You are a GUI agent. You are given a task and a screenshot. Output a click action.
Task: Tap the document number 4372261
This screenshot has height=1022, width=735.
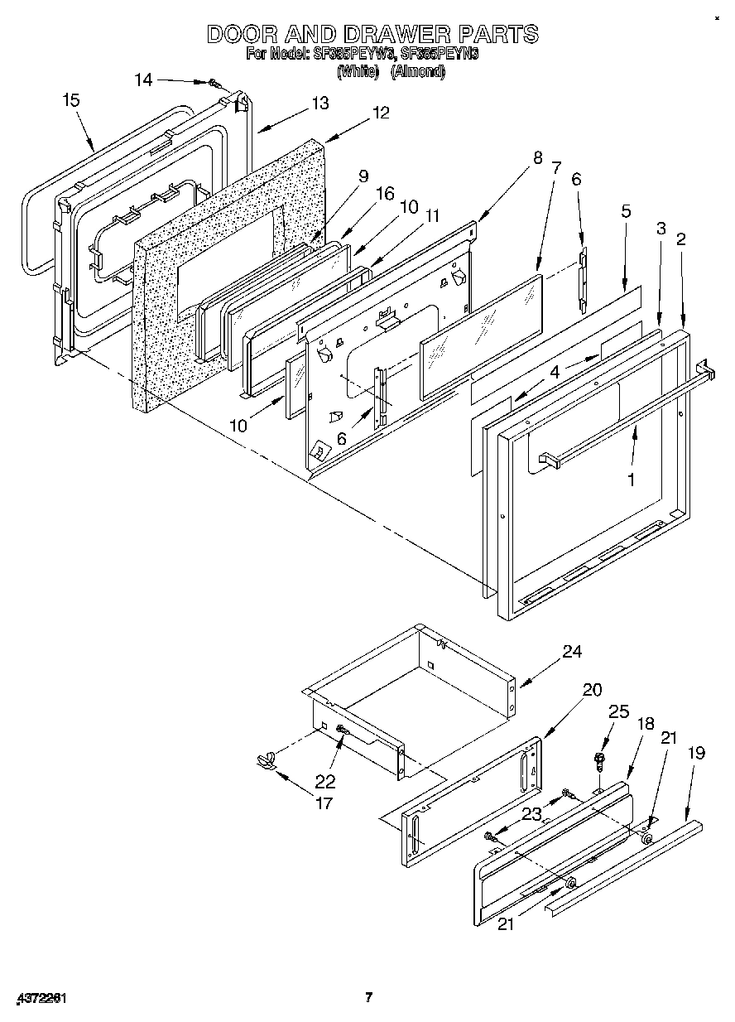pos(41,997)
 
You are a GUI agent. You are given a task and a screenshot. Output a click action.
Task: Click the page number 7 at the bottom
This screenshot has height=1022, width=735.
pos(369,997)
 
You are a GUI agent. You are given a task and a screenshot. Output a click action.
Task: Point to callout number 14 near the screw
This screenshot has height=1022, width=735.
pos(143,80)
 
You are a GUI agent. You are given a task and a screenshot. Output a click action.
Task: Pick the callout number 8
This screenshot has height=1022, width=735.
pos(537,157)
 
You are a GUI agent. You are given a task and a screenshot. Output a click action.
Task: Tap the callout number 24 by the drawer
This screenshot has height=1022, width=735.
pos(572,652)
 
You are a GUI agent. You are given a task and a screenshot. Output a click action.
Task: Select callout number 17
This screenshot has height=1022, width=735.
pos(323,803)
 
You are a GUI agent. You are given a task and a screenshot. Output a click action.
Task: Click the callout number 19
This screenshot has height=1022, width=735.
pos(696,753)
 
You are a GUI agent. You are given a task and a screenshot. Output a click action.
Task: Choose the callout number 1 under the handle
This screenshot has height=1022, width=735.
pos(632,480)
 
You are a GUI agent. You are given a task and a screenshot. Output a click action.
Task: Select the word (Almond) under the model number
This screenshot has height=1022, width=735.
pos(418,72)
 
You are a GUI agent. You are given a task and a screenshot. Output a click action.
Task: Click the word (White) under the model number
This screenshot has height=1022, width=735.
pos(358,72)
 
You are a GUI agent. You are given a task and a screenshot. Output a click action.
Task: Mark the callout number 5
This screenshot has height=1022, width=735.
pos(626,211)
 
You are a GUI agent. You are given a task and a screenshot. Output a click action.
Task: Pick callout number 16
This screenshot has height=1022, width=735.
pos(385,193)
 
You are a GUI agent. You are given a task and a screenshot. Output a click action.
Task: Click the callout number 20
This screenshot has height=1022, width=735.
pos(592,689)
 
